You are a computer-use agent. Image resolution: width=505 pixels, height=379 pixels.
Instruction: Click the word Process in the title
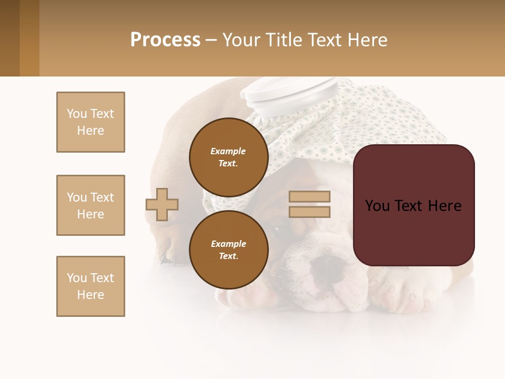click(165, 40)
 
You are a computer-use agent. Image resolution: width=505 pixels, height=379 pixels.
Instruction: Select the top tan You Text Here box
click(90, 122)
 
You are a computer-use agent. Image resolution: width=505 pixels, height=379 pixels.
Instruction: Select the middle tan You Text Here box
click(90, 205)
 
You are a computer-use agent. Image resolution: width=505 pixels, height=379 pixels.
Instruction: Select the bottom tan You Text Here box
click(90, 286)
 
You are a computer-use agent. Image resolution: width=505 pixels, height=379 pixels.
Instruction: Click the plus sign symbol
click(162, 204)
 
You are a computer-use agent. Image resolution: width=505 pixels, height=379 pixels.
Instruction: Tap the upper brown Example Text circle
click(228, 157)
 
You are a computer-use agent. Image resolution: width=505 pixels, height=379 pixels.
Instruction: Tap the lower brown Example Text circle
click(228, 250)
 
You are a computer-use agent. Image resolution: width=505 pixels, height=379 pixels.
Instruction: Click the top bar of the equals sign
click(309, 197)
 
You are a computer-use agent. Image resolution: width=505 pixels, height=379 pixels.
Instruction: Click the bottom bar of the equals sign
click(309, 212)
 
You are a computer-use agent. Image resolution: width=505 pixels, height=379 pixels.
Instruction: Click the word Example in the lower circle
click(228, 244)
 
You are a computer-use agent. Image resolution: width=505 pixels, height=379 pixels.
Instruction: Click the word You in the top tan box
click(77, 114)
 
